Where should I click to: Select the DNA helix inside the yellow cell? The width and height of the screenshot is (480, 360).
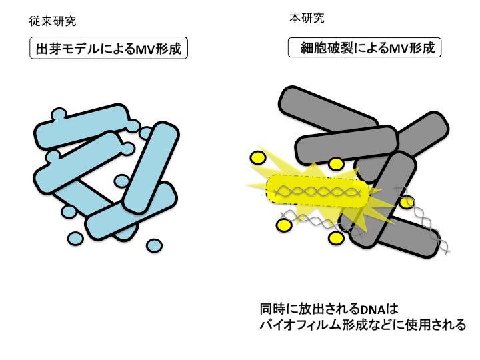pyautogui.click(x=320, y=193)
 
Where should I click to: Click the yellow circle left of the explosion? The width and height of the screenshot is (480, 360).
pyautogui.click(x=257, y=158)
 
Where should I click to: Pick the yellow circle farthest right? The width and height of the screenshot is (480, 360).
pyautogui.click(x=406, y=202)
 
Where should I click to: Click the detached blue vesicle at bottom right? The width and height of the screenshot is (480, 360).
pyautogui.click(x=154, y=246)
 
